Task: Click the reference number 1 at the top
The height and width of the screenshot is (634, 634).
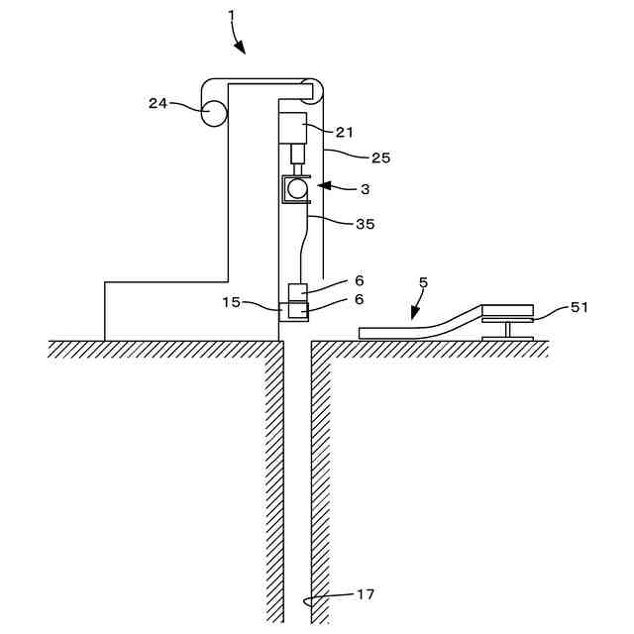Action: point(232,16)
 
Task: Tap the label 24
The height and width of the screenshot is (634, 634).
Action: point(158,102)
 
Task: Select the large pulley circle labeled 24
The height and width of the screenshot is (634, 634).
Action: point(214,113)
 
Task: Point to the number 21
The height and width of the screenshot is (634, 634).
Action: point(345,132)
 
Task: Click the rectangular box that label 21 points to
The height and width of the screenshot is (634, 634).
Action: point(292,128)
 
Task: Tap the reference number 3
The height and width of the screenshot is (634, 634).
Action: point(365,188)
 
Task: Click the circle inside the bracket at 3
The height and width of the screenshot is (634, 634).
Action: point(296,186)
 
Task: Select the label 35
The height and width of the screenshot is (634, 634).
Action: point(365,224)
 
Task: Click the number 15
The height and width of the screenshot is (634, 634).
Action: point(230,301)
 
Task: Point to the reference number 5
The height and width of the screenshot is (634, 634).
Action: point(423,283)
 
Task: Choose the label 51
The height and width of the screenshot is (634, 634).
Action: point(580,307)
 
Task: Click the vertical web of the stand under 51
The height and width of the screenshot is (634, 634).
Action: point(508,330)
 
